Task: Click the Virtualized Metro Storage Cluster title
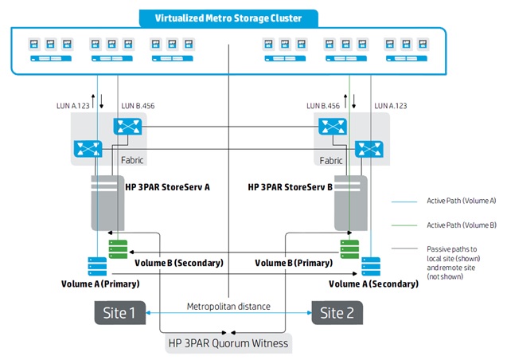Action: pyautogui.click(x=228, y=18)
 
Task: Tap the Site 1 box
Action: pyautogui.click(x=120, y=313)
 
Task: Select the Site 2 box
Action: pyautogui.click(x=337, y=313)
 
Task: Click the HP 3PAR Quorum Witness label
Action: pyautogui.click(x=228, y=343)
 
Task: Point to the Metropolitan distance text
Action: pyautogui.click(x=228, y=307)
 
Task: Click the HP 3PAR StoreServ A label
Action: pyautogui.click(x=167, y=187)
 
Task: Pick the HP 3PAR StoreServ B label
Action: pyautogui.click(x=290, y=187)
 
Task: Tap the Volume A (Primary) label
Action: pyautogui.click(x=100, y=284)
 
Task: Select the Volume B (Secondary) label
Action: pyautogui.click(x=179, y=263)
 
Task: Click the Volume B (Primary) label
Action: pyautogui.click(x=294, y=263)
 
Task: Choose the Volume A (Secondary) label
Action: pyautogui.click(x=373, y=284)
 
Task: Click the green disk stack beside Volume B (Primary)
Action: pyautogui.click(x=349, y=249)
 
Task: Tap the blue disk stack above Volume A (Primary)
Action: pyautogui.click(x=97, y=266)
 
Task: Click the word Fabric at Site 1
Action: pyautogui.click(x=132, y=160)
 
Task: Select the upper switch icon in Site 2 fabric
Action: pyautogui.click(x=333, y=126)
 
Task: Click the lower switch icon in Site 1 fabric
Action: pyautogui.click(x=88, y=149)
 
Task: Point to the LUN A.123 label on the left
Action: pyautogui.click(x=72, y=106)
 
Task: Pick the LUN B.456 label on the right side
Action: pyautogui.click(x=323, y=106)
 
